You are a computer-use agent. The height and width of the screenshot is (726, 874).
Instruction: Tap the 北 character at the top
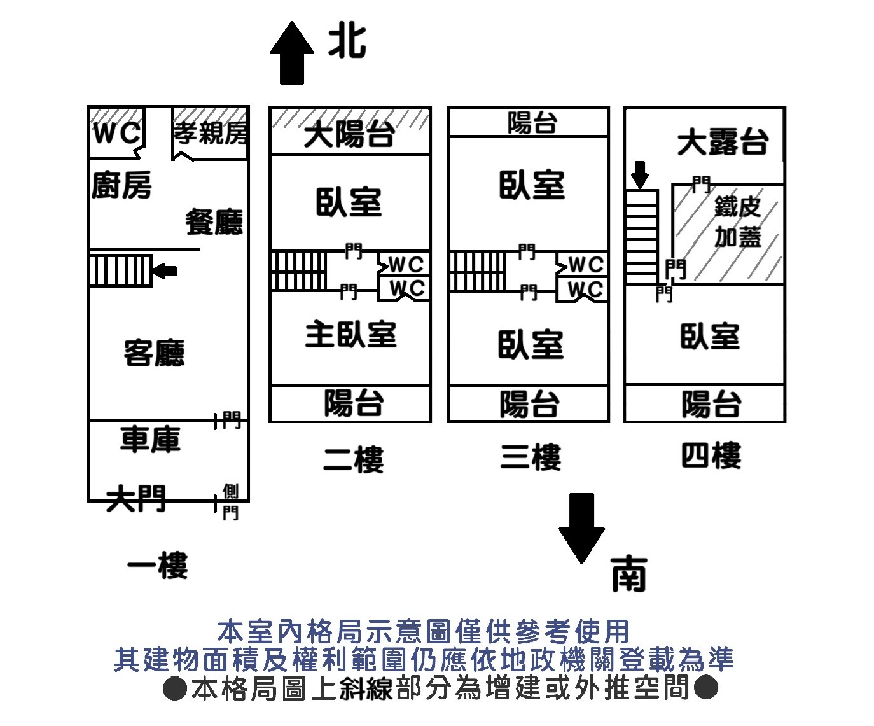tap(347, 42)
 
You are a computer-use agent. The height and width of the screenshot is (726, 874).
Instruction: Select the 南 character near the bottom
tap(628, 574)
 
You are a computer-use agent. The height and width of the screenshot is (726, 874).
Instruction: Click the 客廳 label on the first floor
tap(155, 353)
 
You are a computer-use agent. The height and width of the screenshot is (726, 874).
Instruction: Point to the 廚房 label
tap(121, 186)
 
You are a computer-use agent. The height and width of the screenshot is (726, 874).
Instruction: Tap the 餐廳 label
tap(214, 222)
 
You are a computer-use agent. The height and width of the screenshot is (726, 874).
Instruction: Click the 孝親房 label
tap(211, 133)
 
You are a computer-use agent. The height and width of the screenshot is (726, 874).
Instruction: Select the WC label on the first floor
tap(116, 134)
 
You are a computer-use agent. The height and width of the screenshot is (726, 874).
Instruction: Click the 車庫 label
tap(151, 440)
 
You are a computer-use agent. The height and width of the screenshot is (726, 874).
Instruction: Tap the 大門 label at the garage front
tap(136, 498)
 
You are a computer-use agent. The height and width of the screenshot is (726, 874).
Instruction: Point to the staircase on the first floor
tap(120, 270)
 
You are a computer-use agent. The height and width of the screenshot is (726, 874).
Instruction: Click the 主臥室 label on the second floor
tap(350, 335)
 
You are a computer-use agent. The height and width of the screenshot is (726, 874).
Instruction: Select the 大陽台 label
tap(349, 135)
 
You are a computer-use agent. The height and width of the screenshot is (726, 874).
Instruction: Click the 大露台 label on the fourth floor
tap(722, 142)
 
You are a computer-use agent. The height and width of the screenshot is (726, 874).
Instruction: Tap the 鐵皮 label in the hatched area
tap(737, 207)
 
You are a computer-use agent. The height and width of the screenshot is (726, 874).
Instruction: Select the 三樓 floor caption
tap(531, 457)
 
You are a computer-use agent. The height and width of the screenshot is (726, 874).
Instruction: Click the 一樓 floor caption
tap(158, 566)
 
